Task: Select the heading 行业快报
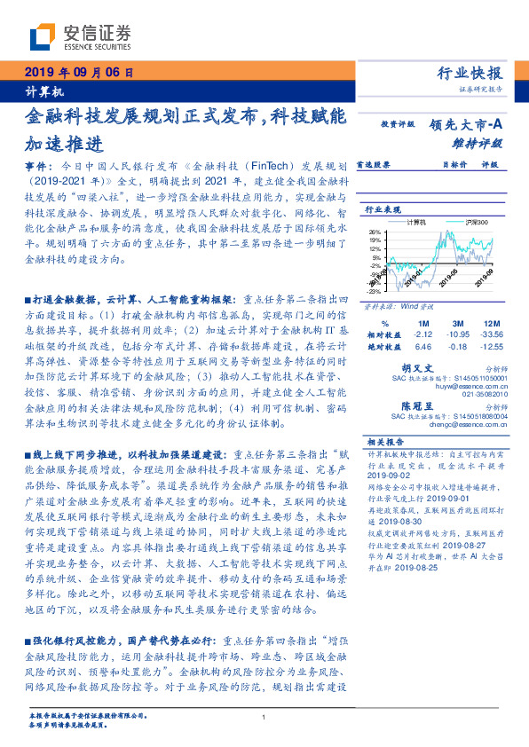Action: [471, 75]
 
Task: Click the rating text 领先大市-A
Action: [468, 125]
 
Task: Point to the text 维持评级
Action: [483, 142]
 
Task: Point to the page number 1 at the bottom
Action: [264, 718]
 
